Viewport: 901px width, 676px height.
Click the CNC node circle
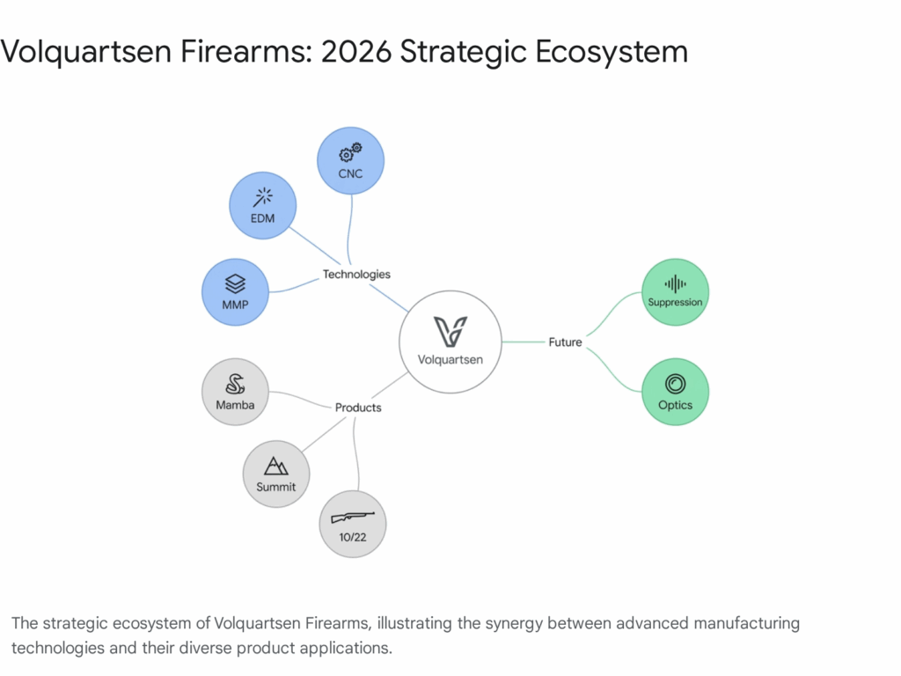(350, 161)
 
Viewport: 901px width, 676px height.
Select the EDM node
(262, 205)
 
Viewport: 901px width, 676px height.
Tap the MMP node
(235, 292)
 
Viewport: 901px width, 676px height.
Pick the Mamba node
(235, 392)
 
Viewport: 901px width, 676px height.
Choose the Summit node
(276, 474)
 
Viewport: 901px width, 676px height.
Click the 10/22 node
(353, 525)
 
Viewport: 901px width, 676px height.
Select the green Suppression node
(675, 292)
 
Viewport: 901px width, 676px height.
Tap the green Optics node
(675, 392)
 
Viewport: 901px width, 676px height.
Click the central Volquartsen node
(450, 342)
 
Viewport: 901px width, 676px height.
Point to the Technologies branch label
(356, 275)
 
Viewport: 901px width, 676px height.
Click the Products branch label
(358, 408)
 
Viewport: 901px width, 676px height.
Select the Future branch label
(565, 342)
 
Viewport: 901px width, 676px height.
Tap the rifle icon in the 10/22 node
(353, 517)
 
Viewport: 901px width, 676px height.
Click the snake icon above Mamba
(235, 384)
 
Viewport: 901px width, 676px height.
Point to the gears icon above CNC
(350, 152)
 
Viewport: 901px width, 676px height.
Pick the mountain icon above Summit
(275, 466)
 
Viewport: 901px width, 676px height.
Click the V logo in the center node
(450, 331)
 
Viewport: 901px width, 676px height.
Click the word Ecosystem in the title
(612, 52)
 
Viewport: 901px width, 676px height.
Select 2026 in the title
(356, 51)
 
